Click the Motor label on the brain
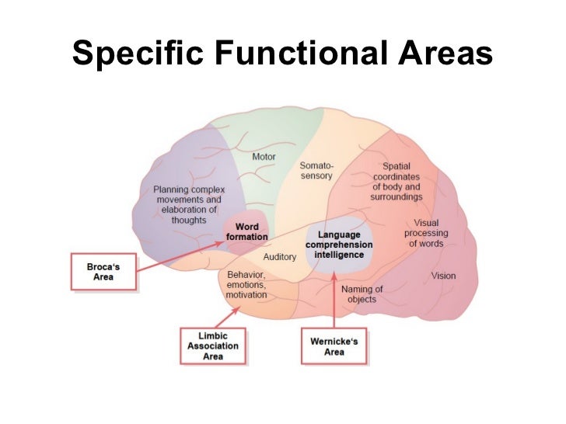point(264,157)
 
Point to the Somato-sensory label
point(316,170)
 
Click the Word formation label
point(247,231)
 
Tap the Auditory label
point(279,256)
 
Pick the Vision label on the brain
point(443,276)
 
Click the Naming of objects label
point(362,294)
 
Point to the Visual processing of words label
point(426,234)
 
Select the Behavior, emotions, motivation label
point(246,285)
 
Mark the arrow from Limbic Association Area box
point(227,315)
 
